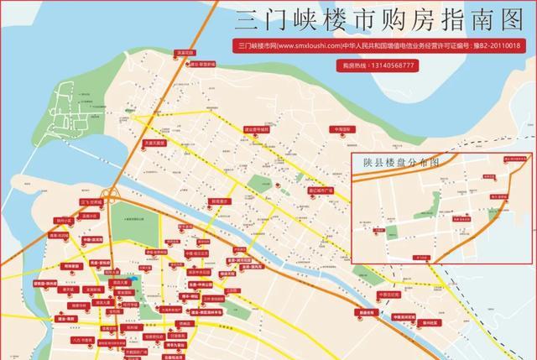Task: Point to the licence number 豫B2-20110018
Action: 492,47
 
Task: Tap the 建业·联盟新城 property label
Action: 207,63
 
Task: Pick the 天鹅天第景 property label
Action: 157,142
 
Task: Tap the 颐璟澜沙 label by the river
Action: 218,201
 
